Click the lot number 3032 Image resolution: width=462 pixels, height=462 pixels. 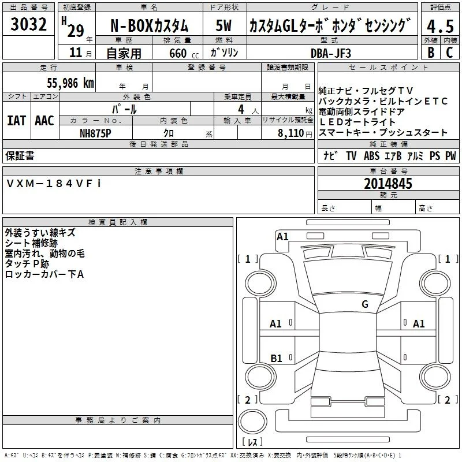click(x=28, y=24)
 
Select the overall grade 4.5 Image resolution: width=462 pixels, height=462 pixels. click(x=440, y=26)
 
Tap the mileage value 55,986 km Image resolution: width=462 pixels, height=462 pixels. click(x=70, y=83)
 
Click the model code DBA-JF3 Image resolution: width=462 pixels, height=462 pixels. click(x=331, y=53)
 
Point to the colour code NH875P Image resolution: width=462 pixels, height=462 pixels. click(x=95, y=133)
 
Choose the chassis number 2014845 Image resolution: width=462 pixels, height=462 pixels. click(x=388, y=184)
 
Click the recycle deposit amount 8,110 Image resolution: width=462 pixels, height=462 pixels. click(x=291, y=133)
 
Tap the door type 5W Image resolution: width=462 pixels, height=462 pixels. click(x=223, y=25)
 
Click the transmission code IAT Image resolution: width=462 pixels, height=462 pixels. click(x=17, y=121)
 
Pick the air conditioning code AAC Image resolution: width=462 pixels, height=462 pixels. click(x=44, y=121)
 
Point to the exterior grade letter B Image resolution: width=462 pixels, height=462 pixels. click(x=431, y=53)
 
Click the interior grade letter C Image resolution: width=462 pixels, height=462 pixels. click(x=449, y=53)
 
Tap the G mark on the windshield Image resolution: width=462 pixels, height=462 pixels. click(x=365, y=304)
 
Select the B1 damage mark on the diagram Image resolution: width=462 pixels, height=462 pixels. click(x=276, y=358)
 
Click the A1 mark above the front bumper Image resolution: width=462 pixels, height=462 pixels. click(x=282, y=237)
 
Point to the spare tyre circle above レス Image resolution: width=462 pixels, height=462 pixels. click(x=252, y=422)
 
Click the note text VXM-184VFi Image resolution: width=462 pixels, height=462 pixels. click(x=54, y=184)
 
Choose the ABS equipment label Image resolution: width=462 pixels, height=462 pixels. click(x=371, y=155)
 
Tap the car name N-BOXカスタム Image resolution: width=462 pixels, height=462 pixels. click(x=150, y=26)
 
